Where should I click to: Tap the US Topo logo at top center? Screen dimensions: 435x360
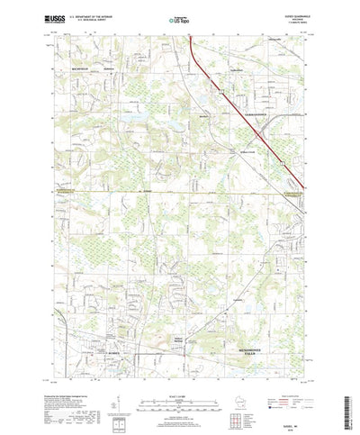pyautogui.click(x=178, y=17)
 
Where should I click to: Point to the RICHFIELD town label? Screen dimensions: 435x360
pyautogui.click(x=68, y=67)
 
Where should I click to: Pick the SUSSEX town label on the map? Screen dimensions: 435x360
pyautogui.click(x=114, y=352)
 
